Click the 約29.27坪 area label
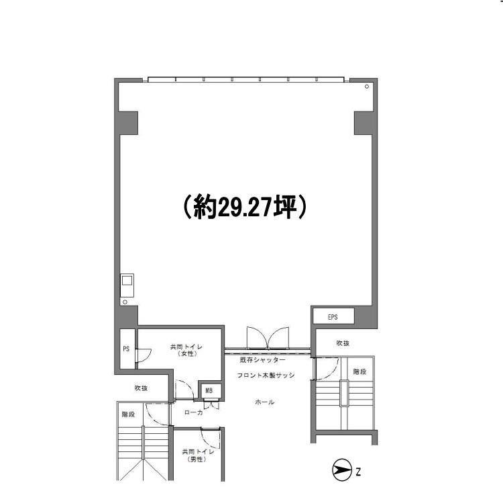click(x=245, y=207)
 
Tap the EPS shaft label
click(x=333, y=317)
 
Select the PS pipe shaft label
click(x=126, y=349)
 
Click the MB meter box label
click(x=209, y=390)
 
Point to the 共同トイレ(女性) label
click(x=186, y=350)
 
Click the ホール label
click(x=265, y=402)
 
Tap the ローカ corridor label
click(x=193, y=412)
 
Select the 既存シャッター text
click(x=263, y=360)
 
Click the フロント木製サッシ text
click(x=266, y=375)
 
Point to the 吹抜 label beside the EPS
click(x=343, y=343)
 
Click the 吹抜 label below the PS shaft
click(x=141, y=388)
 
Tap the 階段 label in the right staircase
click(x=359, y=371)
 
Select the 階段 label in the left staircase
click(x=128, y=414)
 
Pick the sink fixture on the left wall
click(x=127, y=285)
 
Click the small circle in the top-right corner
click(x=367, y=87)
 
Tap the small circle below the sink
click(x=125, y=302)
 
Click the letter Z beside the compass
click(x=358, y=472)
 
